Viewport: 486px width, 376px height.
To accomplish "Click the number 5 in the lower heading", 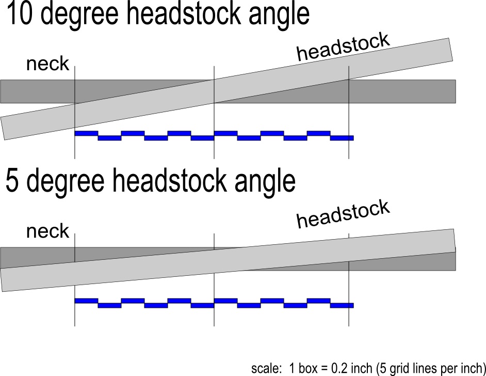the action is pyautogui.click(x=12, y=181).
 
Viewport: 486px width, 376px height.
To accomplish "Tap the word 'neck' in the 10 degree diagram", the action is pyautogui.click(x=48, y=64).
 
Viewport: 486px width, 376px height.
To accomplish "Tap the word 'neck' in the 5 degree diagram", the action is pyautogui.click(x=48, y=231).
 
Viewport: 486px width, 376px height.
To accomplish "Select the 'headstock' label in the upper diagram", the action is pyautogui.click(x=343, y=47).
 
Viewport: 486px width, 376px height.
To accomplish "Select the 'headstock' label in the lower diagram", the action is pyautogui.click(x=343, y=214).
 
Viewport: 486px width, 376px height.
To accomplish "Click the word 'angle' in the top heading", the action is pyautogui.click(x=279, y=15).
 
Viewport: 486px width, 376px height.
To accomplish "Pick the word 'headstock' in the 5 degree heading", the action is pyautogui.click(x=169, y=181).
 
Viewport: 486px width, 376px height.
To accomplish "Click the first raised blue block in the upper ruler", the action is pyautogui.click(x=87, y=133).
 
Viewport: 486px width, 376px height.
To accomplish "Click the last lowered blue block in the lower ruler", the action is pyautogui.click(x=342, y=306).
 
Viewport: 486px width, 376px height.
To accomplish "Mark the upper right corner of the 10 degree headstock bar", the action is pyautogui.click(x=449, y=38).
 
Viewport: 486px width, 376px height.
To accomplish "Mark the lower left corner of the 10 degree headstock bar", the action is pyautogui.click(x=4, y=140).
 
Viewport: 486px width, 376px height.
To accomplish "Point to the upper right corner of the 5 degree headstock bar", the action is pyautogui.click(x=454, y=229).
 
